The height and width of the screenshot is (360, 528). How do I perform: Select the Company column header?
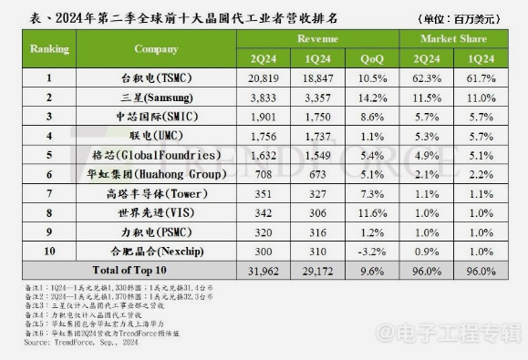coord(155,48)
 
